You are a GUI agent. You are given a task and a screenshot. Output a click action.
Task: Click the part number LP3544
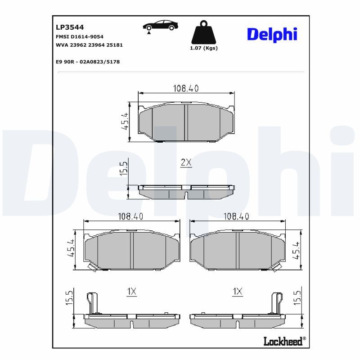(x=70, y=27)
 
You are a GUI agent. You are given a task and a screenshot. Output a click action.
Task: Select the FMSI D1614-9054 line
(x=80, y=37)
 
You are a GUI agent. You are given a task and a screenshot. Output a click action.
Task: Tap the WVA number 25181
(x=115, y=45)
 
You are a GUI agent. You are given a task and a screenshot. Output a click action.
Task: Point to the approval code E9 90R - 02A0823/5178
(x=88, y=62)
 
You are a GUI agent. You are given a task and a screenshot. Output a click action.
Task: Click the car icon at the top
(x=160, y=26)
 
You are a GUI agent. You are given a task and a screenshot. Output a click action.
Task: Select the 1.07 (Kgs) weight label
(x=204, y=48)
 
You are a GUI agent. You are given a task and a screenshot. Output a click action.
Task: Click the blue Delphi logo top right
(x=272, y=35)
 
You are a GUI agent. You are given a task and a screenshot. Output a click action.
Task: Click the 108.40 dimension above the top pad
(x=186, y=88)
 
